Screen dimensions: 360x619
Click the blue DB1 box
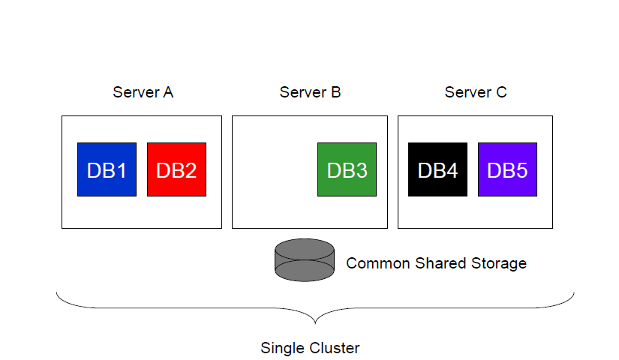tap(107, 169)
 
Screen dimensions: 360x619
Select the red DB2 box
tap(176, 169)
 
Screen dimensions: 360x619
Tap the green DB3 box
tap(347, 169)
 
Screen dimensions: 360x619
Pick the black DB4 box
tap(437, 169)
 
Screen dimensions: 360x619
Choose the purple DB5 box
tap(507, 169)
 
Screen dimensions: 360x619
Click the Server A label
tap(143, 92)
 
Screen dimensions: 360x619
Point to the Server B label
tap(310, 92)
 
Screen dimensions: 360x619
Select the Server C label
tap(476, 92)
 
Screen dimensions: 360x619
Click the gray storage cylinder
tap(305, 259)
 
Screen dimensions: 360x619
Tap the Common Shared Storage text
tap(436, 263)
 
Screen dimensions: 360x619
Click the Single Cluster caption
tap(310, 348)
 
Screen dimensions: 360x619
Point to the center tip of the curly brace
tap(315, 321)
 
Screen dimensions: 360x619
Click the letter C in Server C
tap(501, 92)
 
